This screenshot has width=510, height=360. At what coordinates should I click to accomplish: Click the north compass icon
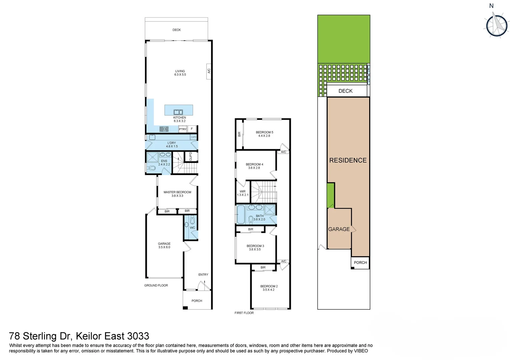click(497, 26)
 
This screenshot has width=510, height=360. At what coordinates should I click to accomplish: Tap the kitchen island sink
click(178, 112)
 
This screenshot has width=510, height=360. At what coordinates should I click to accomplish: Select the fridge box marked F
click(192, 129)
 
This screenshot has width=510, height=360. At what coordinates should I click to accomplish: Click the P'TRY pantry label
click(183, 129)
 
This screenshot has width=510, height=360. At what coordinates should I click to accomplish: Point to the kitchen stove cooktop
click(164, 129)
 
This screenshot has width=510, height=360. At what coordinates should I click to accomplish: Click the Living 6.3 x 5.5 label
click(180, 73)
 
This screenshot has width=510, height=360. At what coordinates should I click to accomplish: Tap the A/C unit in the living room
click(209, 71)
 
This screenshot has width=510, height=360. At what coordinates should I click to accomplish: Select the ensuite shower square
click(152, 157)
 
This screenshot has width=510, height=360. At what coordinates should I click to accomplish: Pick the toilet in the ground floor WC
click(192, 220)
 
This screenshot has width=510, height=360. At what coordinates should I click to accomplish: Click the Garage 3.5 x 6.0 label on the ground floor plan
click(164, 245)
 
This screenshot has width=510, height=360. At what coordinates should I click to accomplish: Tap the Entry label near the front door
click(203, 275)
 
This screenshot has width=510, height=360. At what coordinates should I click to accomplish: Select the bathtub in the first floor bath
click(240, 214)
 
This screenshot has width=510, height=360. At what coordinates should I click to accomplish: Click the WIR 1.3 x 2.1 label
click(242, 193)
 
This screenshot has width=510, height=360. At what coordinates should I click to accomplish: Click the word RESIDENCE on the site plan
click(348, 160)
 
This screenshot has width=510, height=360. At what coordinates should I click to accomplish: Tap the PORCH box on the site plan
click(360, 263)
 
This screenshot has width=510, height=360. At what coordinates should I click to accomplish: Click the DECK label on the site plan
click(346, 91)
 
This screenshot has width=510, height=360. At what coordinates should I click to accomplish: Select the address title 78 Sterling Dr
click(79, 336)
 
